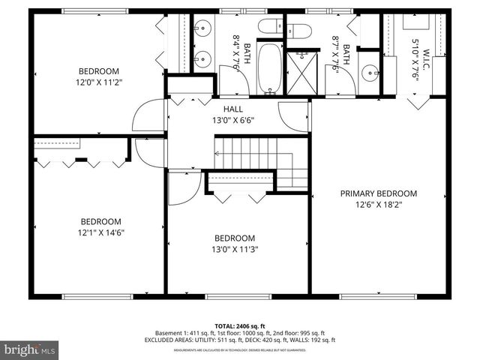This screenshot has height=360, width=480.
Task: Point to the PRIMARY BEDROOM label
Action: [379, 193]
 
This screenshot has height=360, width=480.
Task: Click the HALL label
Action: [223, 109]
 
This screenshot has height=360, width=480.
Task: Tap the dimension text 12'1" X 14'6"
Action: [101, 232]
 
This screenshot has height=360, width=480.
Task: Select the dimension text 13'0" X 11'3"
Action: [235, 249]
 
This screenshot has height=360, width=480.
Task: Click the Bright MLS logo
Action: [29, 349]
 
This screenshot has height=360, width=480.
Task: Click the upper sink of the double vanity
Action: [202, 29]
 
